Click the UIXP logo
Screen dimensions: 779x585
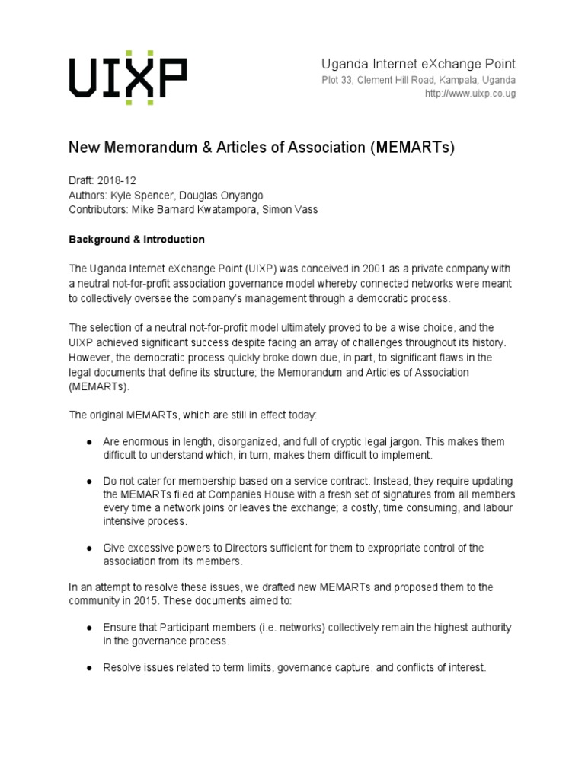pyautogui.click(x=128, y=78)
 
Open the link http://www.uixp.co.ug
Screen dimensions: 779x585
pyautogui.click(x=471, y=94)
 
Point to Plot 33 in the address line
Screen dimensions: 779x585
pyautogui.click(x=331, y=80)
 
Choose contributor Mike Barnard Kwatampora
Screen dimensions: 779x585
pyautogui.click(x=195, y=210)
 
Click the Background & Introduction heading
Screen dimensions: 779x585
pyautogui.click(x=137, y=240)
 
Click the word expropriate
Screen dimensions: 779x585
pyautogui.click(x=378, y=548)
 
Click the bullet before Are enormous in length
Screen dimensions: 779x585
pyautogui.click(x=89, y=442)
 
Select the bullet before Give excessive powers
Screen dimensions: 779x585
pyautogui.click(x=89, y=548)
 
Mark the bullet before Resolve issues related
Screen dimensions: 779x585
pyautogui.click(x=89, y=667)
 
